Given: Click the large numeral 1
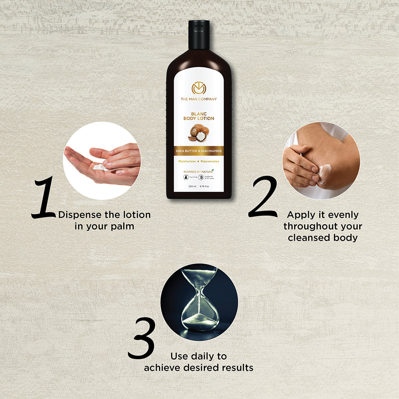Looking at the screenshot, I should [x=45, y=199].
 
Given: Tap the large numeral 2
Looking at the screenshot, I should [x=263, y=198].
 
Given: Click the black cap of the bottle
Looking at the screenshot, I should [x=199, y=35].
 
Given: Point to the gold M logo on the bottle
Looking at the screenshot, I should [x=199, y=87].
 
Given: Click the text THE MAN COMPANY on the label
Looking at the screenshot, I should [x=199, y=99].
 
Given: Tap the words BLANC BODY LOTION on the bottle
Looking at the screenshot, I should [x=199, y=116].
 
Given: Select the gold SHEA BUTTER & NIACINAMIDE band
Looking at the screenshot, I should [x=199, y=151].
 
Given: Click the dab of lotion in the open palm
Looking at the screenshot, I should [x=100, y=167].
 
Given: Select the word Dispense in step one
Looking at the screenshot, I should [x=80, y=215].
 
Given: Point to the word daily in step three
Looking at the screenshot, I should [x=202, y=356].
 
